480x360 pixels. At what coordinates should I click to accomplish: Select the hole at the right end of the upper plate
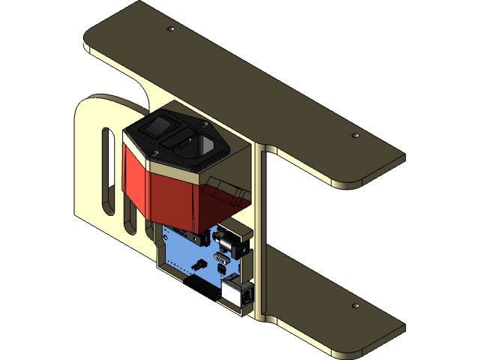coord(355,136)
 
